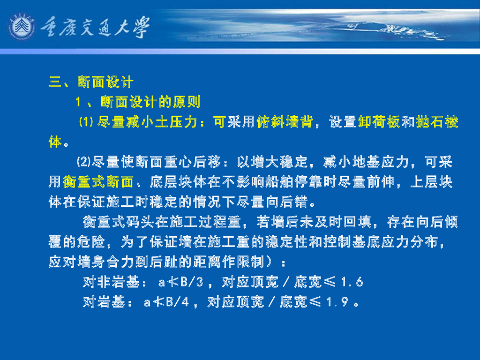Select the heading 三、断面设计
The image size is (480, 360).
click(91, 82)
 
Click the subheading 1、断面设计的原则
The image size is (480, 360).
click(138, 102)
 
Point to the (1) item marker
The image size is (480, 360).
click(87, 122)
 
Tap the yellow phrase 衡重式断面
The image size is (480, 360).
click(98, 182)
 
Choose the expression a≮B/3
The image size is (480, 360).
click(180, 282)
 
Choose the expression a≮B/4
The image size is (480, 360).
click(166, 302)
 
